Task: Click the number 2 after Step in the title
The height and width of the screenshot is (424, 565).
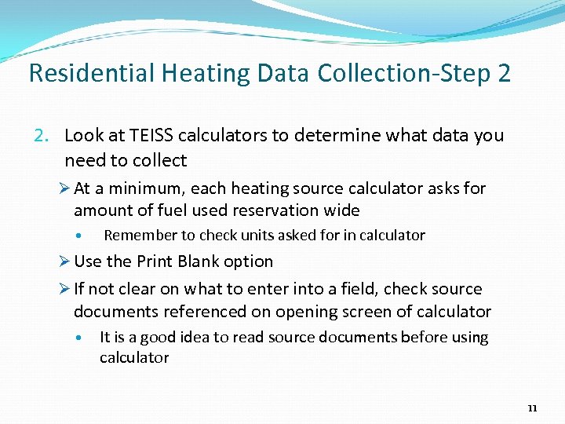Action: [504, 74]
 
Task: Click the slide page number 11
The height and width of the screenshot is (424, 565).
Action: [533, 408]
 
